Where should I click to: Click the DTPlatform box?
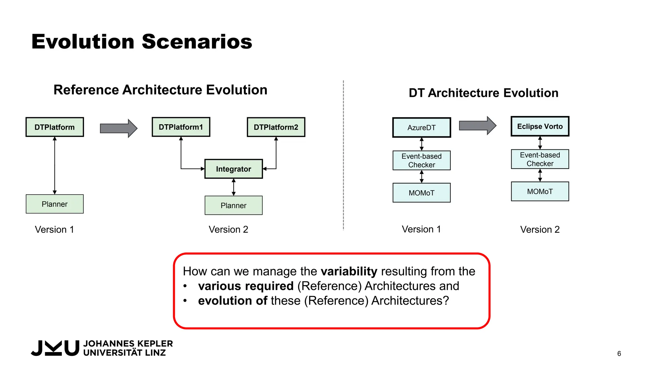pos(55,127)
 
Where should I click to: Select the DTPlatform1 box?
pos(181,127)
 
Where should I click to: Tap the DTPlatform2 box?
pos(276,127)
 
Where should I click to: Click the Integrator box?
pos(233,169)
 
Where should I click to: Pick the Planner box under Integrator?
pos(233,205)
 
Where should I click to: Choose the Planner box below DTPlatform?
pos(55,204)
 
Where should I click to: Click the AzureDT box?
pos(422,127)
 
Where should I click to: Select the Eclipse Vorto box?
pos(540,126)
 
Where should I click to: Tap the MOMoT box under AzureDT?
pos(422,193)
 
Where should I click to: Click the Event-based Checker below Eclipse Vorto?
pos(540,159)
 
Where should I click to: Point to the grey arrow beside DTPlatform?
pos(118,128)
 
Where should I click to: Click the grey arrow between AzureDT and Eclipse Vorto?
pos(477,126)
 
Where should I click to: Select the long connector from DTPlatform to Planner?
pos(55,166)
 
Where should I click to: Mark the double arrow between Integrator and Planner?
pos(234,187)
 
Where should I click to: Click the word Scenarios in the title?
pos(197,42)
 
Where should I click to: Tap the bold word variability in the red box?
pos(349,271)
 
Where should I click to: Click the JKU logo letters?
pos(55,348)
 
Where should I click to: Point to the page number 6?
pos(619,354)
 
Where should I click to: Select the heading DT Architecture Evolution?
pos(483,93)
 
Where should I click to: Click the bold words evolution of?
pos(232,301)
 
